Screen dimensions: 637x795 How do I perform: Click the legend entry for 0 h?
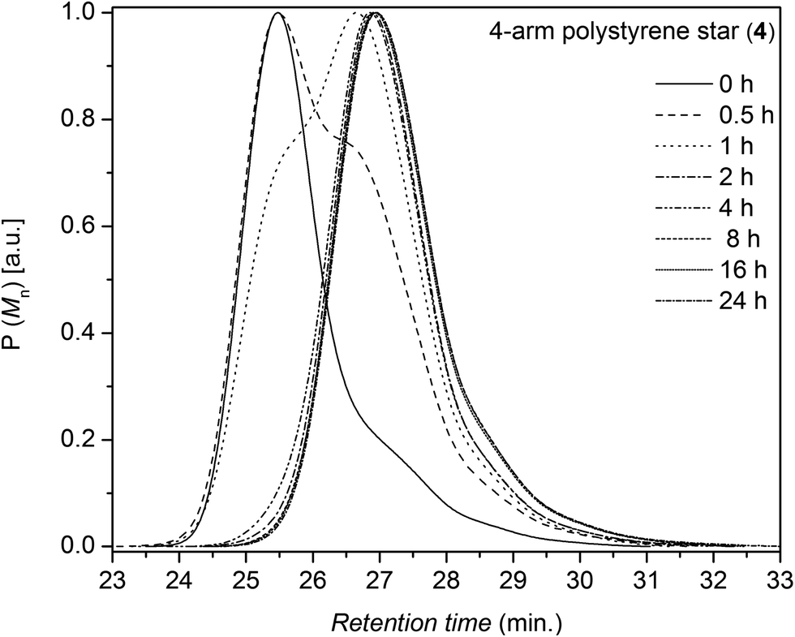pyautogui.click(x=733, y=83)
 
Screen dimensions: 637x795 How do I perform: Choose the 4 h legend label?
pyautogui.click(x=734, y=208)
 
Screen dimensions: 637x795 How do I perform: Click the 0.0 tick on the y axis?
pyautogui.click(x=81, y=546)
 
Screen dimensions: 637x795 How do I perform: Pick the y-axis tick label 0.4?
pyautogui.click(x=81, y=333)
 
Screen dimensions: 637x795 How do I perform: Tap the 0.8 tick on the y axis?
pyautogui.click(x=81, y=119)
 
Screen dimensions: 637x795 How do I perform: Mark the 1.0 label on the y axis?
pyautogui.click(x=81, y=14)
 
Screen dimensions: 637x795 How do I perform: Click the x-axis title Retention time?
pyautogui.click(x=445, y=622)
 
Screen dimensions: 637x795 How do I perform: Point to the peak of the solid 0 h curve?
pyautogui.click(x=277, y=13)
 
